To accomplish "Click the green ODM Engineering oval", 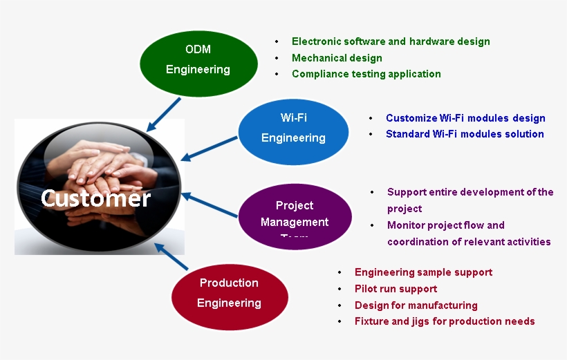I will tap(198, 59).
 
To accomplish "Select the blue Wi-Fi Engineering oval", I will tap(293, 128).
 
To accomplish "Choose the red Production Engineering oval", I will tap(229, 293).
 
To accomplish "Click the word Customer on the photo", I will tap(95, 199).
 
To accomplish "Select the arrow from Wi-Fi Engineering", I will tap(210, 149).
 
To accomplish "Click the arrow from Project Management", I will tap(210, 205).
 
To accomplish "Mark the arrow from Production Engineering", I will tap(171, 256).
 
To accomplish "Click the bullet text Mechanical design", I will tap(337, 58).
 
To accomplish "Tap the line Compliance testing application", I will tap(366, 74).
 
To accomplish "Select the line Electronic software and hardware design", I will tap(391, 41).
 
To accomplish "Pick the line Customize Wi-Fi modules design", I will tap(465, 118).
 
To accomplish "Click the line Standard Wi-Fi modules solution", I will tap(465, 134).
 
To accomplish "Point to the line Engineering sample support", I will tap(423, 272).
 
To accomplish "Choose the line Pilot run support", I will tap(396, 289).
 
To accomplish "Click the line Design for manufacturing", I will tap(416, 305).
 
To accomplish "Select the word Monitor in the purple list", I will tap(407, 225).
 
